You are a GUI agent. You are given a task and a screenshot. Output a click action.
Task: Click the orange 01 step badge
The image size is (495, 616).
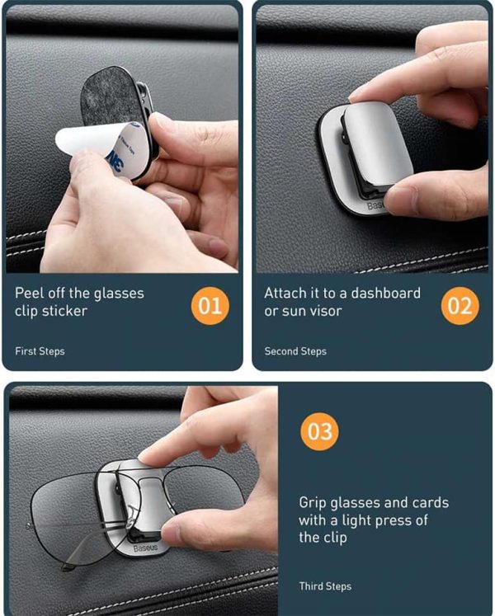tap(210, 306)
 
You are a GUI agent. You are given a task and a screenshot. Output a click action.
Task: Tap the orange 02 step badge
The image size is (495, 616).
tap(460, 306)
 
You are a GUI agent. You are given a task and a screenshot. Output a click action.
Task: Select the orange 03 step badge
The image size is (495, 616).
tap(319, 431)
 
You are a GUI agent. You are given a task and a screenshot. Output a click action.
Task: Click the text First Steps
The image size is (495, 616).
tap(40, 351)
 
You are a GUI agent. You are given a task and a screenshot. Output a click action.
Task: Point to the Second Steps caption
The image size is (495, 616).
tap(295, 351)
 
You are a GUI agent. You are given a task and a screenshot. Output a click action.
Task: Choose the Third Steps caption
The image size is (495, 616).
tap(325, 586)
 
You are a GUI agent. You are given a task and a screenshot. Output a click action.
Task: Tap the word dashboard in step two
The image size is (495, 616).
tap(386, 293)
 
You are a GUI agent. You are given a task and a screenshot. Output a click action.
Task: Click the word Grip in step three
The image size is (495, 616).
tap(313, 503)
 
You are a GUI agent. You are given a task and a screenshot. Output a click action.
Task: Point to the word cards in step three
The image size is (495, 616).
tap(430, 502)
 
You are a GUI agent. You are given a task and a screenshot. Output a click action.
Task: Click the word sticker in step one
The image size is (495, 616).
tap(64, 311)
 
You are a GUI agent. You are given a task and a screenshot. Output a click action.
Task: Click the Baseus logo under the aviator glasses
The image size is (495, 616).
tap(145, 548)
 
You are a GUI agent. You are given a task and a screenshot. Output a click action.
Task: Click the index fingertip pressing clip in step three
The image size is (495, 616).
tap(148, 457)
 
